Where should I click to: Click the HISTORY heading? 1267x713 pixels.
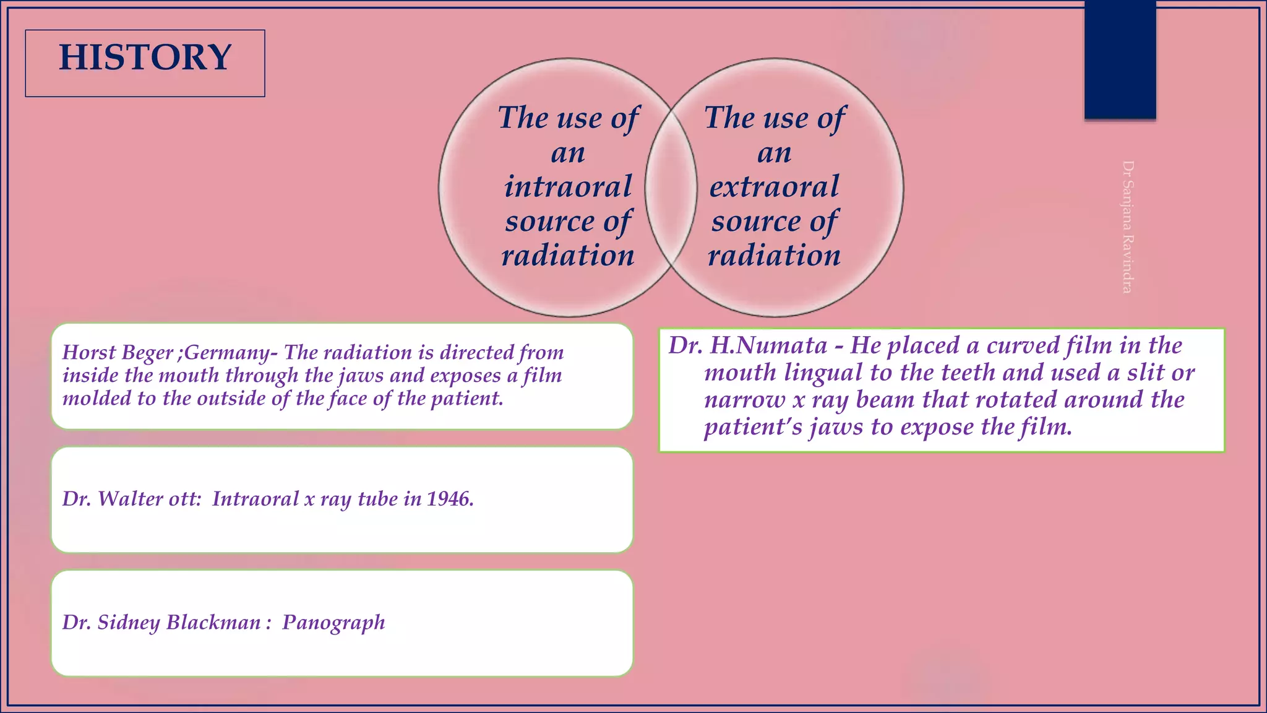(145, 58)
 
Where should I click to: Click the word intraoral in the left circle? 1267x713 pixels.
(568, 187)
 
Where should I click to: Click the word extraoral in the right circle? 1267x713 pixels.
(774, 187)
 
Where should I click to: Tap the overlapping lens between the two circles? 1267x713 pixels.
(671, 188)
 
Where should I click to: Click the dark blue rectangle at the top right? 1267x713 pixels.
(1120, 60)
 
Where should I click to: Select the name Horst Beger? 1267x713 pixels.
(118, 353)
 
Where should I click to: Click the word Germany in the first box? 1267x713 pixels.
(226, 353)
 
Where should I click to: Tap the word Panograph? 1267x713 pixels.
(333, 623)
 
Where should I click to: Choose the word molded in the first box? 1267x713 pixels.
(97, 399)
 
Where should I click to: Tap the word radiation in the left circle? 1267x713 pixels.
(568, 256)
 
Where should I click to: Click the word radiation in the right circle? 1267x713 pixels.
(774, 256)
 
